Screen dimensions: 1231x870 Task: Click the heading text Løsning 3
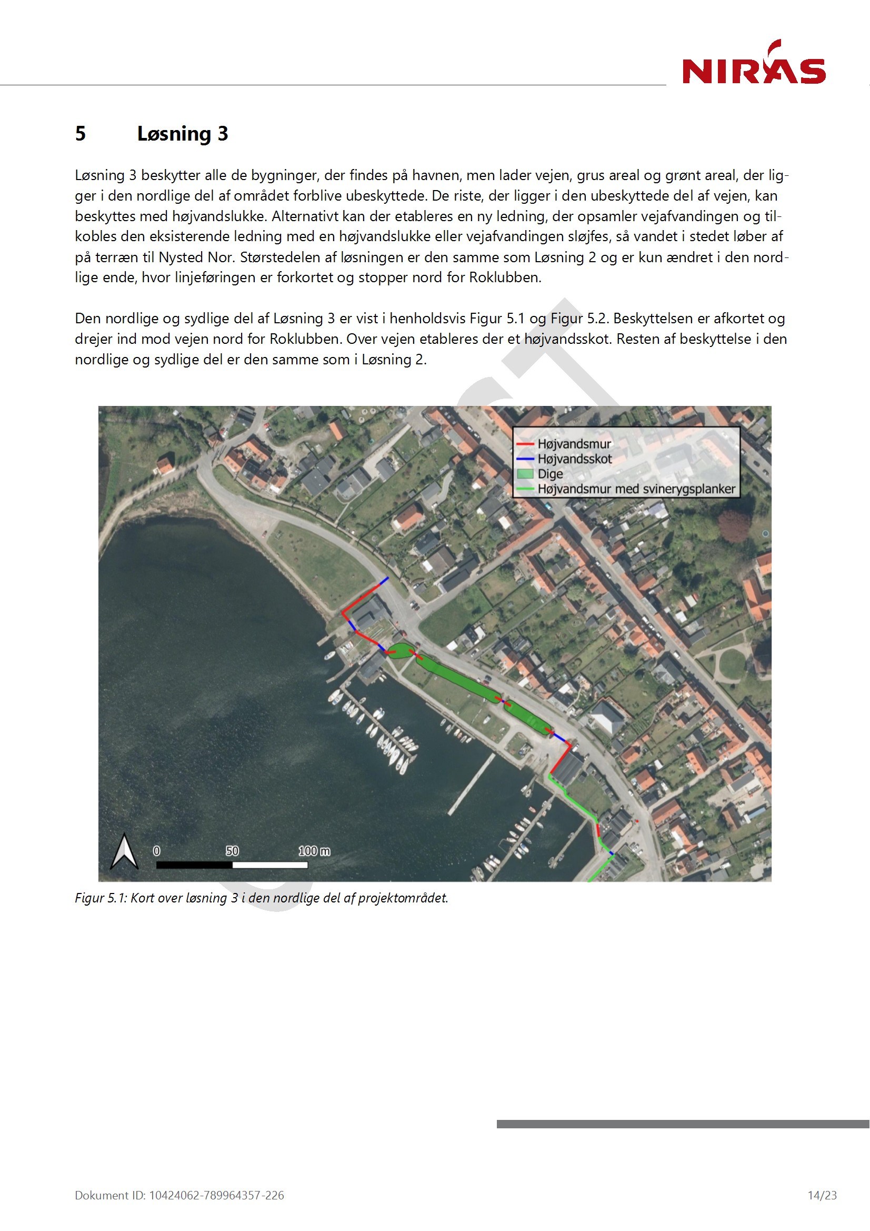coord(182,134)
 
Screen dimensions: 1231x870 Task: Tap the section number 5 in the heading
coord(81,134)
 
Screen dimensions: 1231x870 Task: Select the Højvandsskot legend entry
coord(575,459)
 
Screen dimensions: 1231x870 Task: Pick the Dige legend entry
coord(550,474)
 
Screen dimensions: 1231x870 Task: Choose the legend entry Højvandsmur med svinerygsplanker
coord(636,489)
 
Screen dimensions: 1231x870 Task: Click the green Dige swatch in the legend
coord(525,474)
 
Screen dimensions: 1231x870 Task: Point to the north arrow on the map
coord(124,851)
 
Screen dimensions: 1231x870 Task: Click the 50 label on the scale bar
coord(232,851)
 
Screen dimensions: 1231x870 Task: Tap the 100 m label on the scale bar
coord(314,851)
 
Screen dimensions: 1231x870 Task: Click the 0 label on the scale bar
coord(156,851)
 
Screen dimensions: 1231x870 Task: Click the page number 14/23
coord(822,1195)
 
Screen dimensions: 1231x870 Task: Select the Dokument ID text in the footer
coord(179,1195)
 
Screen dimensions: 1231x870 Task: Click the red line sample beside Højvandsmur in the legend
coord(525,444)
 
